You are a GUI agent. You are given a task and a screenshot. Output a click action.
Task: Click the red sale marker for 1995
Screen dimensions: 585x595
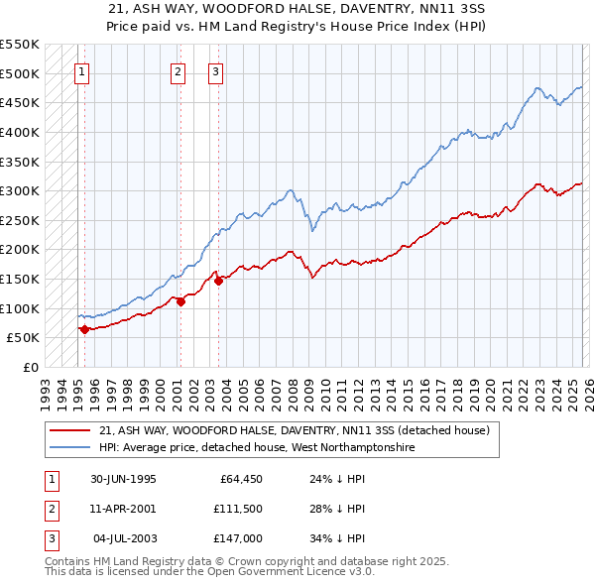click(84, 329)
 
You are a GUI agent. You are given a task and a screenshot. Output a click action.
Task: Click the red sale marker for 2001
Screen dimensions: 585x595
click(180, 301)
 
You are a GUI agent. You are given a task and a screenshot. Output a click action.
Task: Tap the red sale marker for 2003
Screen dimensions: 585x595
click(217, 281)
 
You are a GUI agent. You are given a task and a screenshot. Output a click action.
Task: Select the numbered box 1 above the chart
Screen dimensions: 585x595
click(80, 70)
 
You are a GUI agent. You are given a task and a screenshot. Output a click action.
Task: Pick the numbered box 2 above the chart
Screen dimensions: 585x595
click(178, 70)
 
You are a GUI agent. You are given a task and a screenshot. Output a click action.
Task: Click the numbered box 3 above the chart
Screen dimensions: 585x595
click(214, 70)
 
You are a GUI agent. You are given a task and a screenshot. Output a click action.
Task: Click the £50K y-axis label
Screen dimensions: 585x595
click(23, 338)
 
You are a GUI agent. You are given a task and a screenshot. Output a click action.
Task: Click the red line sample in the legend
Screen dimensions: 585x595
click(70, 431)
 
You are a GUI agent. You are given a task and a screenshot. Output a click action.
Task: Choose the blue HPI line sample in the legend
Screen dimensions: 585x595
click(70, 448)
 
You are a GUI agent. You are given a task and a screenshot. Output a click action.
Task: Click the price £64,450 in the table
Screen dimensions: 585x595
click(241, 479)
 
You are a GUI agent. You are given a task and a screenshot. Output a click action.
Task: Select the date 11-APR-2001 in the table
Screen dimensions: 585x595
click(123, 509)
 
